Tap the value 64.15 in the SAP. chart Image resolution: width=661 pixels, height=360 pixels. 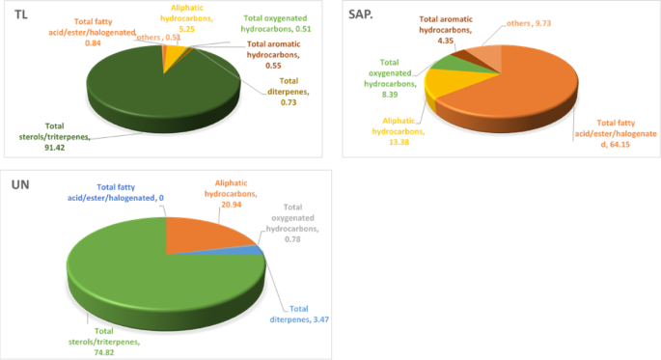coord(634,145)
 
